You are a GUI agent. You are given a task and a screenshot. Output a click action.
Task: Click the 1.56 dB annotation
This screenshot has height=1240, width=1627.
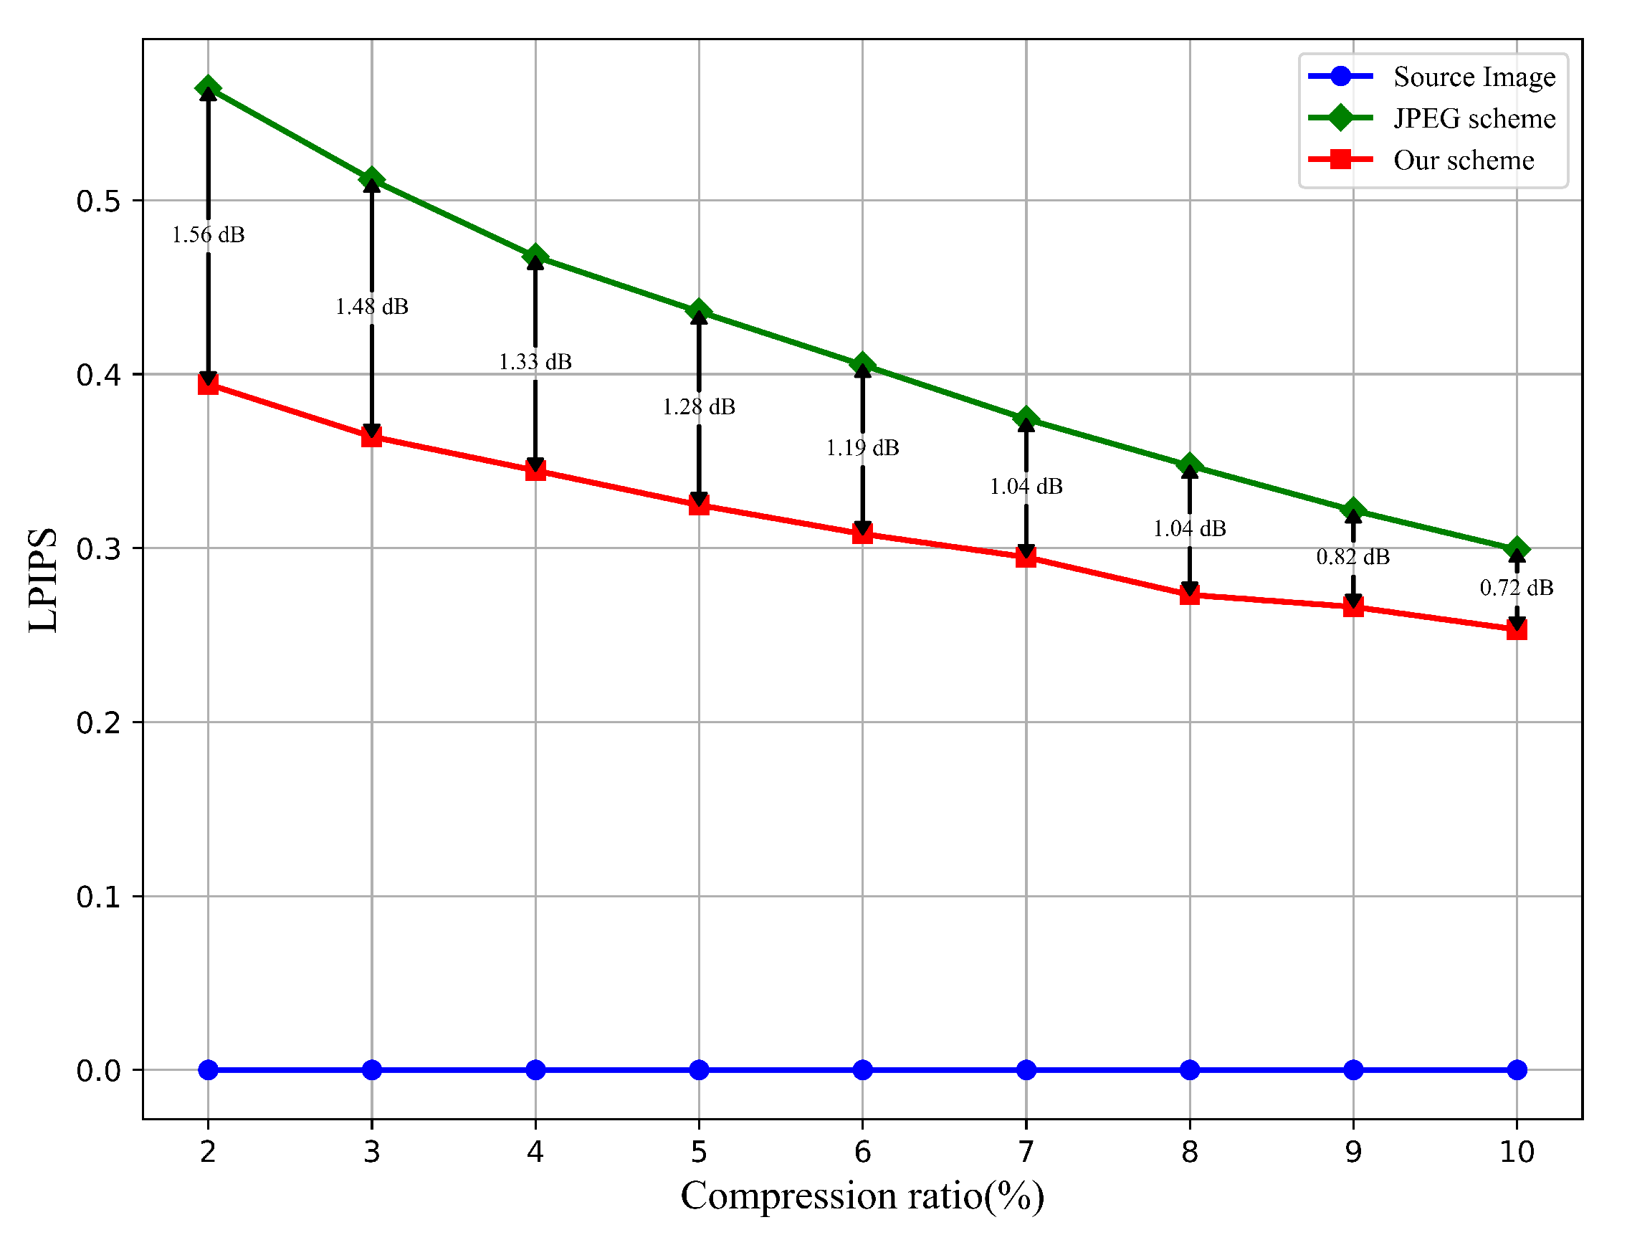point(208,234)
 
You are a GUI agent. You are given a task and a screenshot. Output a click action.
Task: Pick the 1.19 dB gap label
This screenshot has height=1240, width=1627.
point(862,447)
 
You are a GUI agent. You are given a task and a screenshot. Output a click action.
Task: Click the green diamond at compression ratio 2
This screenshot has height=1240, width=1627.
point(208,89)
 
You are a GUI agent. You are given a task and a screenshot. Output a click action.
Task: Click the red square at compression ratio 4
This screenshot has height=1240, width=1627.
point(535,470)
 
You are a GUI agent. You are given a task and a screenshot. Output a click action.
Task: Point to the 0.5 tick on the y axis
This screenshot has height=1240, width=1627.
point(99,201)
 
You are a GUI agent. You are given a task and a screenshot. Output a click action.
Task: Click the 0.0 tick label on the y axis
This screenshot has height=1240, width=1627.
point(99,1070)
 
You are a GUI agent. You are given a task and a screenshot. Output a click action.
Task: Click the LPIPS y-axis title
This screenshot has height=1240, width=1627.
point(43,579)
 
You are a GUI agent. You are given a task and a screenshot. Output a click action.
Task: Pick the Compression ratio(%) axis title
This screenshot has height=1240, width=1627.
point(862,1196)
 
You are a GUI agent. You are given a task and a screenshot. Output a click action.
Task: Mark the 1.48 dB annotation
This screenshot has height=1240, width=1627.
point(371,306)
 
